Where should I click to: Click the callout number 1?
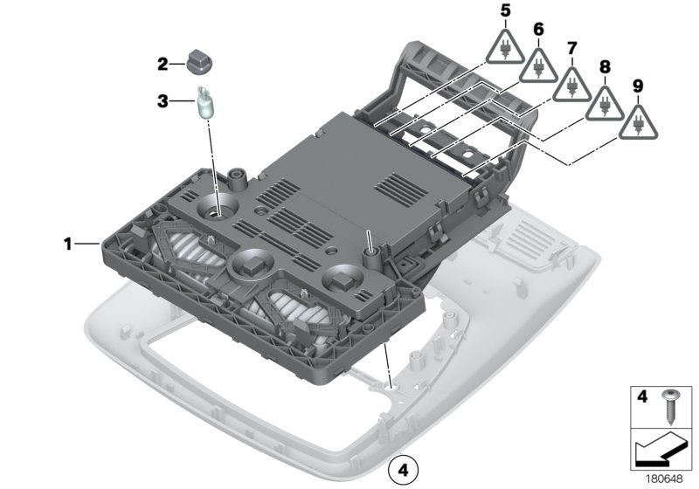pyautogui.click(x=67, y=244)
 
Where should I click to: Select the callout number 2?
pyautogui.click(x=163, y=64)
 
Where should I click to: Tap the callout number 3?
pyautogui.click(x=163, y=101)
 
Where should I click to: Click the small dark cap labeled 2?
pyautogui.click(x=201, y=63)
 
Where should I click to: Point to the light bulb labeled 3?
pyautogui.click(x=206, y=103)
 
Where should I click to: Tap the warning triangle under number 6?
pyautogui.click(x=538, y=65)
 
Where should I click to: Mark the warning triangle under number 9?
pyautogui.click(x=638, y=123)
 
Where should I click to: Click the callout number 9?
pyautogui.click(x=638, y=86)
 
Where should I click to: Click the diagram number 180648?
pyautogui.click(x=664, y=479)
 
